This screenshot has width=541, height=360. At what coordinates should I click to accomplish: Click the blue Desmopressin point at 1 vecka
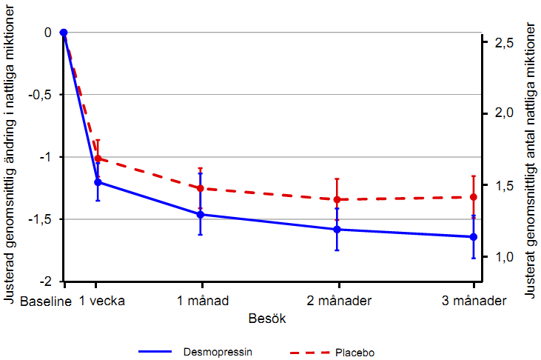(x=97, y=182)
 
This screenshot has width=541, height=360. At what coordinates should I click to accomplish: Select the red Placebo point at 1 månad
(x=201, y=188)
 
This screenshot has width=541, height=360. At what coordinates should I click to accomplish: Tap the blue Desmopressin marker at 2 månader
(x=337, y=230)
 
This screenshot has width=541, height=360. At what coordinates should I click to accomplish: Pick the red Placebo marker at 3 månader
(x=474, y=197)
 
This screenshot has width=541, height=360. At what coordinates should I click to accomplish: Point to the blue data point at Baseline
(x=64, y=33)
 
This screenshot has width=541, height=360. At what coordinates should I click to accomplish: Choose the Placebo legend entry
(x=354, y=353)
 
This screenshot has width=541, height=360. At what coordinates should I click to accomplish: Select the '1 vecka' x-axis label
(x=101, y=301)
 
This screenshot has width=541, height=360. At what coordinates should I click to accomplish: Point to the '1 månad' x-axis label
(x=201, y=301)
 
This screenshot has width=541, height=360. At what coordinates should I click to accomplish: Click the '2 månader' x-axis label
(x=338, y=301)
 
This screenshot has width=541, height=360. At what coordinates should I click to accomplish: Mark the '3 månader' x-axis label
(x=474, y=301)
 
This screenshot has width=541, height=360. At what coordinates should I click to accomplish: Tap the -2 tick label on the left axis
(x=46, y=281)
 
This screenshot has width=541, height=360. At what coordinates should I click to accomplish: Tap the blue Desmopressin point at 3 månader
(x=474, y=237)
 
